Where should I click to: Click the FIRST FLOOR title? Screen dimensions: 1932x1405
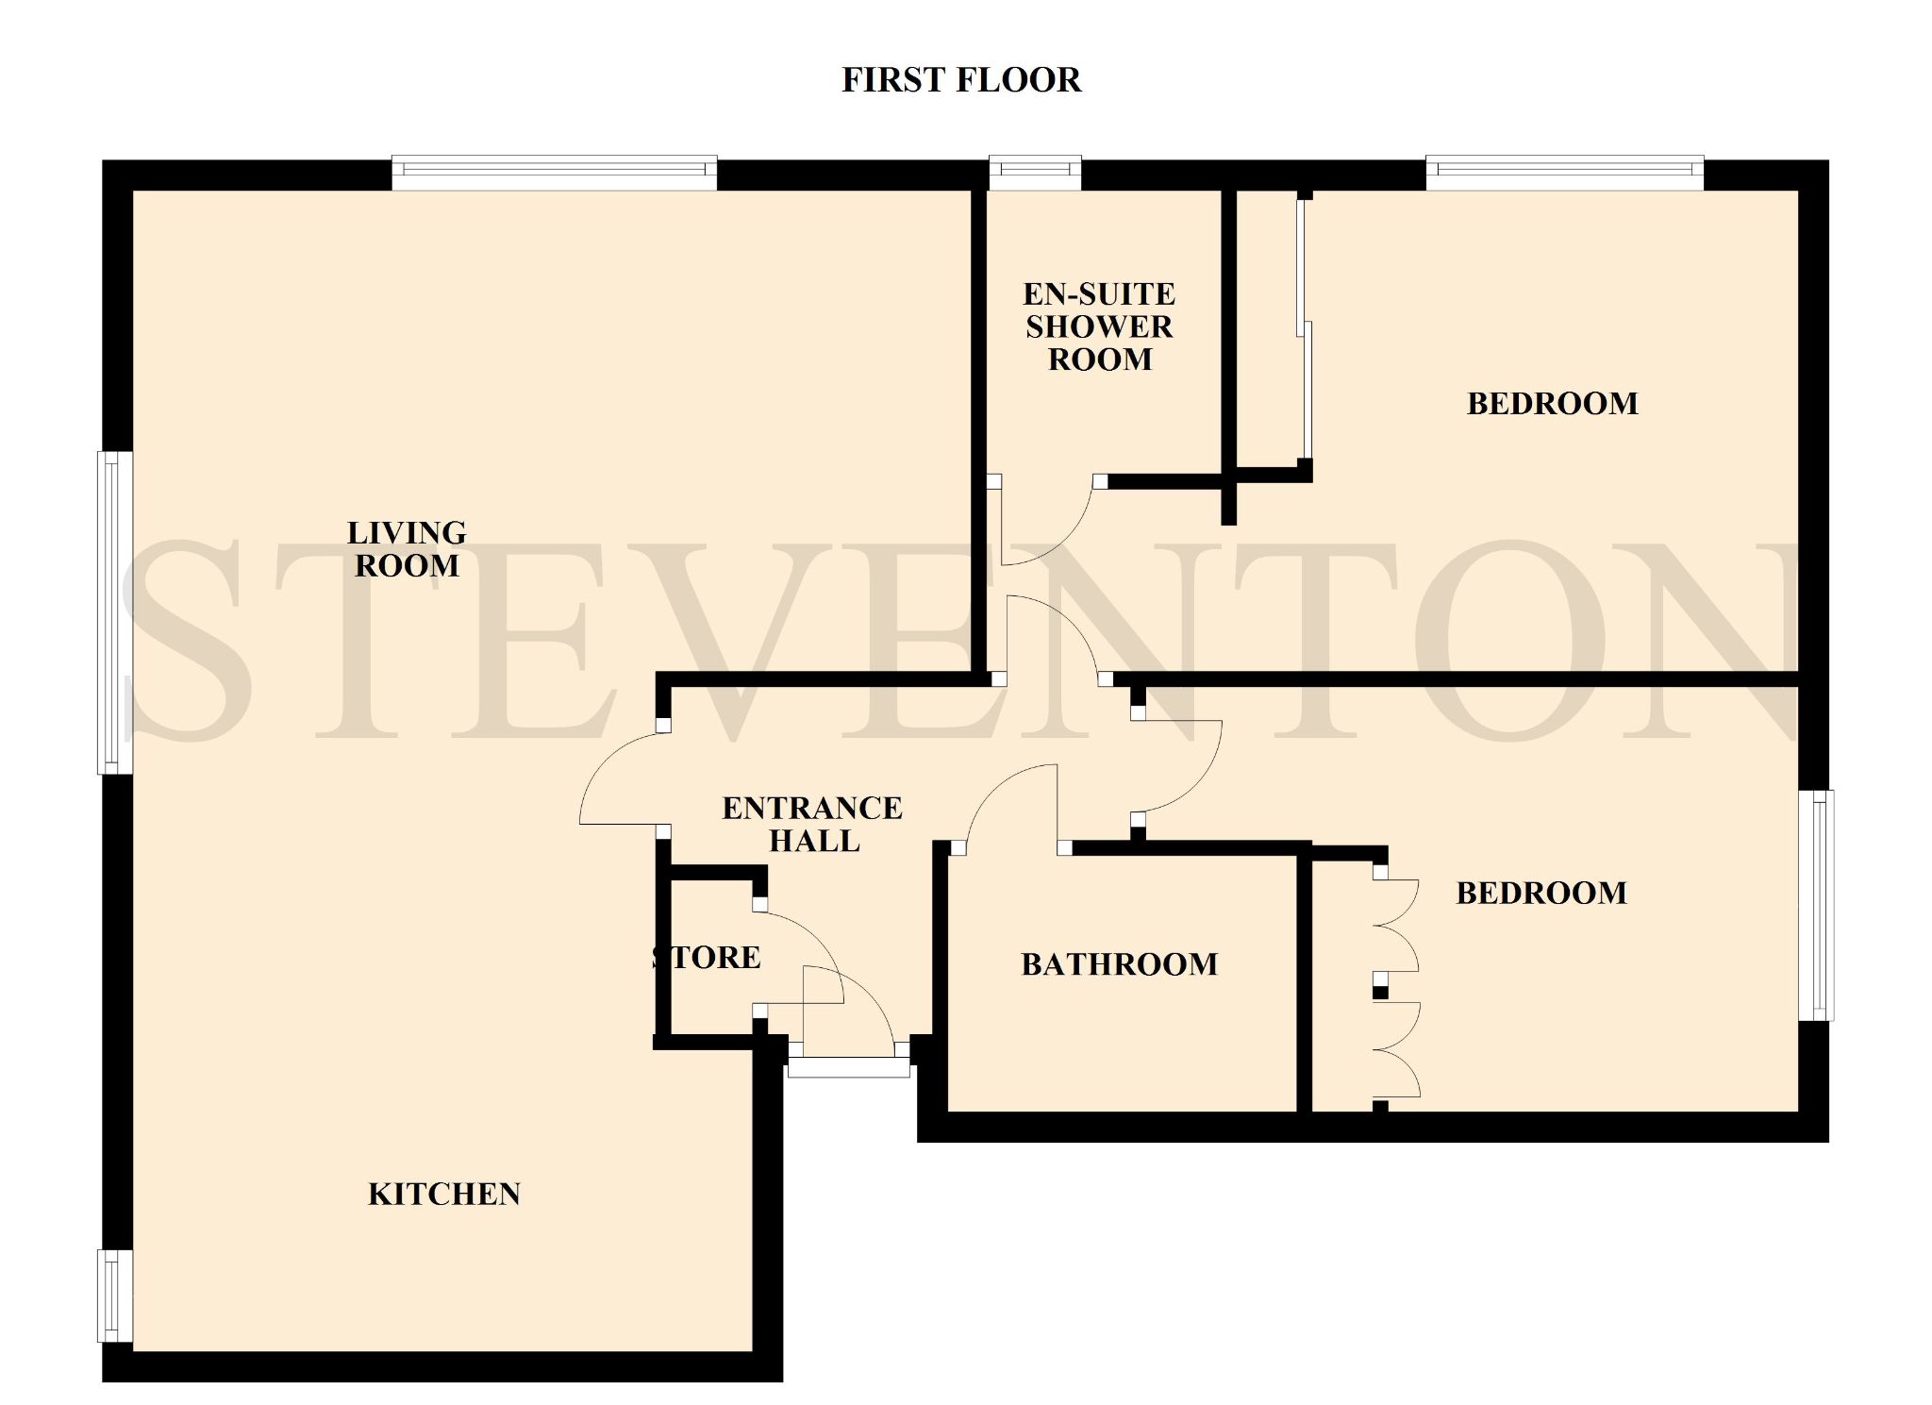click(x=960, y=80)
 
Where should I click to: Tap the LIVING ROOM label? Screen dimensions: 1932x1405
click(x=407, y=549)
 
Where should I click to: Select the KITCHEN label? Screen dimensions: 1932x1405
click(x=444, y=1195)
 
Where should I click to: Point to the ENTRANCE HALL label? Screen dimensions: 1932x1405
click(x=812, y=824)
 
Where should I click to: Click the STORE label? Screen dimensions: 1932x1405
click(x=707, y=958)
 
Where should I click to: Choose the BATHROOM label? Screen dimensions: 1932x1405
click(x=1120, y=964)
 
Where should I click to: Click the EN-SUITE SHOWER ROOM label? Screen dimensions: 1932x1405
click(x=1100, y=326)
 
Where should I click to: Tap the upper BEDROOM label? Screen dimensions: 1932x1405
click(x=1553, y=404)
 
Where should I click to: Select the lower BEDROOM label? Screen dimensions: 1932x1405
click(x=1541, y=893)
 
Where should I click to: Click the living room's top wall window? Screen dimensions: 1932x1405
click(x=554, y=173)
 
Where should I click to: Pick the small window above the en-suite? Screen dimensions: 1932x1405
click(x=1035, y=173)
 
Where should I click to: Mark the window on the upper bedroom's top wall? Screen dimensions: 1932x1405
click(x=1565, y=173)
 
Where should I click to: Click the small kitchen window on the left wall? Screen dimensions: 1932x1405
click(x=116, y=1296)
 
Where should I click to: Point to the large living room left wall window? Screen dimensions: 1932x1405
click(x=116, y=613)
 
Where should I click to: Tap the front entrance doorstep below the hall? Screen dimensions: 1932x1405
click(x=849, y=1068)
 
